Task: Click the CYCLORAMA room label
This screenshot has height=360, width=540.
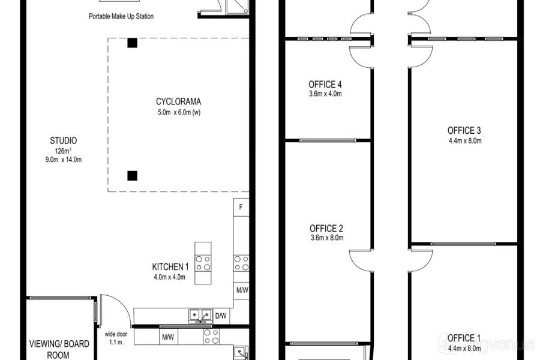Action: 178,101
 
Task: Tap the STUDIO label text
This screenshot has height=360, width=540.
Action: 64,140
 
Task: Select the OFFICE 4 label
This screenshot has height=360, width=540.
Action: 325,85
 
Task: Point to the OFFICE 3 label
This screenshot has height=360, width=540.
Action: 464,131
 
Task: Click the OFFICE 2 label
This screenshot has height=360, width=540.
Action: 326,229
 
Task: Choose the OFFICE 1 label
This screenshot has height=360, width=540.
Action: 464,338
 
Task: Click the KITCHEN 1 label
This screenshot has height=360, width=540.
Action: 170,266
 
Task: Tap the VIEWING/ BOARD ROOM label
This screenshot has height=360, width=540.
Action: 59,349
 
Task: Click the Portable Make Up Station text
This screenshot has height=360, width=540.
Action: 121,16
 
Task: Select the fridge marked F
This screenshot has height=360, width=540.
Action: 241,207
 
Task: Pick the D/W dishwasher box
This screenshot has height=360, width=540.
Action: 221,316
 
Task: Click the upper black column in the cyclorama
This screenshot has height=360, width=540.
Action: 133,43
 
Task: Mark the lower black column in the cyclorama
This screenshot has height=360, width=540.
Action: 133,176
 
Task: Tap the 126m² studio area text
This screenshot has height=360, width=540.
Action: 63,151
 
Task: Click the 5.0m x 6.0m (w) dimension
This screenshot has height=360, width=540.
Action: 179,112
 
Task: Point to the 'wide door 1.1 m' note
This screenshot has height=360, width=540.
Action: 116,338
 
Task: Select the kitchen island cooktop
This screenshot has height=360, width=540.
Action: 203,263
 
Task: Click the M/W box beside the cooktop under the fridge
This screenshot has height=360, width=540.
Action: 242,290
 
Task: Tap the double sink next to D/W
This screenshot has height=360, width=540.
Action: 200,315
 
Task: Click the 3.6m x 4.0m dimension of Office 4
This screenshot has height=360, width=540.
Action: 325,94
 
